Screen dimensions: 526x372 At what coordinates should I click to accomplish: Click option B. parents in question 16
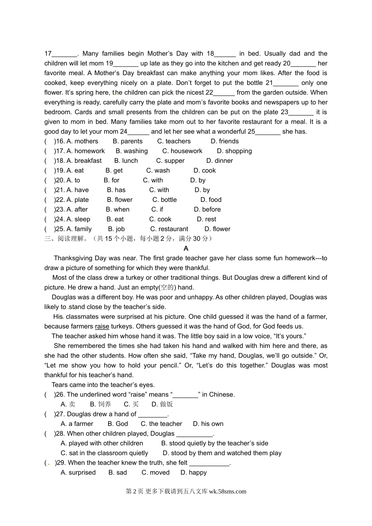coord(128,141)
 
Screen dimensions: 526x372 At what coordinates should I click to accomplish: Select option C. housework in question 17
coord(182,151)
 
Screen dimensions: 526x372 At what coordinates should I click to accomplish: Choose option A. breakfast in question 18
coord(84,161)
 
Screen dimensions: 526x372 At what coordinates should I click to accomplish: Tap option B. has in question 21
coord(116,190)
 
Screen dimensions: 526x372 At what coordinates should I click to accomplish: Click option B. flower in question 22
coord(120,200)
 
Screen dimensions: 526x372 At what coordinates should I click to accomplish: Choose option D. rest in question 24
coord(206,220)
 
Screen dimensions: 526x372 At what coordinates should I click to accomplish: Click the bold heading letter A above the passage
coord(186,249)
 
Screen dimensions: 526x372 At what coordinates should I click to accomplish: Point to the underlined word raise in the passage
coord(102,326)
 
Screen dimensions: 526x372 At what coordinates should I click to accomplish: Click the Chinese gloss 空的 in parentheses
coord(167,288)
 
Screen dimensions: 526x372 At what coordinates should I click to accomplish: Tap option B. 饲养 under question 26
coord(101,404)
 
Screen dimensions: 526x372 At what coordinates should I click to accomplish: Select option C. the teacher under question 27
coord(161,424)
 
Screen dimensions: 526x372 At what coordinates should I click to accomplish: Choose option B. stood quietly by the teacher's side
coord(215,443)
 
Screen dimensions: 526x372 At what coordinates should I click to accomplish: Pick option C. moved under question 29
coord(155,473)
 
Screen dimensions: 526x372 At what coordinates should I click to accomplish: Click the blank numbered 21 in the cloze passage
coord(286,83)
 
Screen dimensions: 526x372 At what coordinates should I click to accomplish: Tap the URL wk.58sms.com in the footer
coord(228,492)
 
